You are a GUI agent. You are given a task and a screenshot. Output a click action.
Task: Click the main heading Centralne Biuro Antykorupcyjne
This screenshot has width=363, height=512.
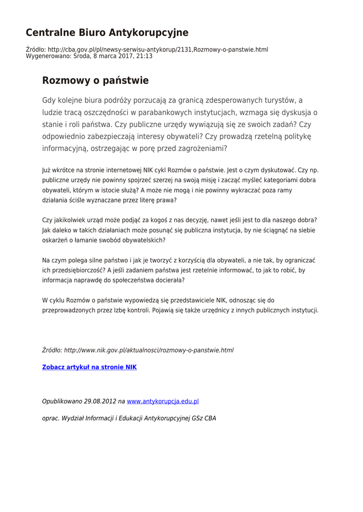pos(107,33)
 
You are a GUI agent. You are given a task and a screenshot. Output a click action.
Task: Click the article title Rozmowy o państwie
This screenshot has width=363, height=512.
pos(95,80)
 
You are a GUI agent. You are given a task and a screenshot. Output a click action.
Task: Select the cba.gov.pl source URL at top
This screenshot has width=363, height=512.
pos(158,49)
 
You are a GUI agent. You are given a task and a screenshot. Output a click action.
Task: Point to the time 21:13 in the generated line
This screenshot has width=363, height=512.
pos(145,56)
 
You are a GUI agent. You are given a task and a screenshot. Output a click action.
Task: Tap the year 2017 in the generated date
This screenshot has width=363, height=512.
pos(124,56)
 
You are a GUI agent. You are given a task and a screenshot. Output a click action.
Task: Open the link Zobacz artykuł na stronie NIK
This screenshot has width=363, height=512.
pos(89,367)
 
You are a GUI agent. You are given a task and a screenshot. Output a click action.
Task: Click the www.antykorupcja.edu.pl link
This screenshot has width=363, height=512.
pos(163,401)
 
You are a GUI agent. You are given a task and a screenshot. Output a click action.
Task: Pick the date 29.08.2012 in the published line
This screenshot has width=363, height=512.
pos(99,401)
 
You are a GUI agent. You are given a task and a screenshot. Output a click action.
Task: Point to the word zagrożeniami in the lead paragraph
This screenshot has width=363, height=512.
pos(203,148)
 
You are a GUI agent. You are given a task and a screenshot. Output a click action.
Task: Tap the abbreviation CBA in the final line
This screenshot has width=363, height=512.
pos(210,418)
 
